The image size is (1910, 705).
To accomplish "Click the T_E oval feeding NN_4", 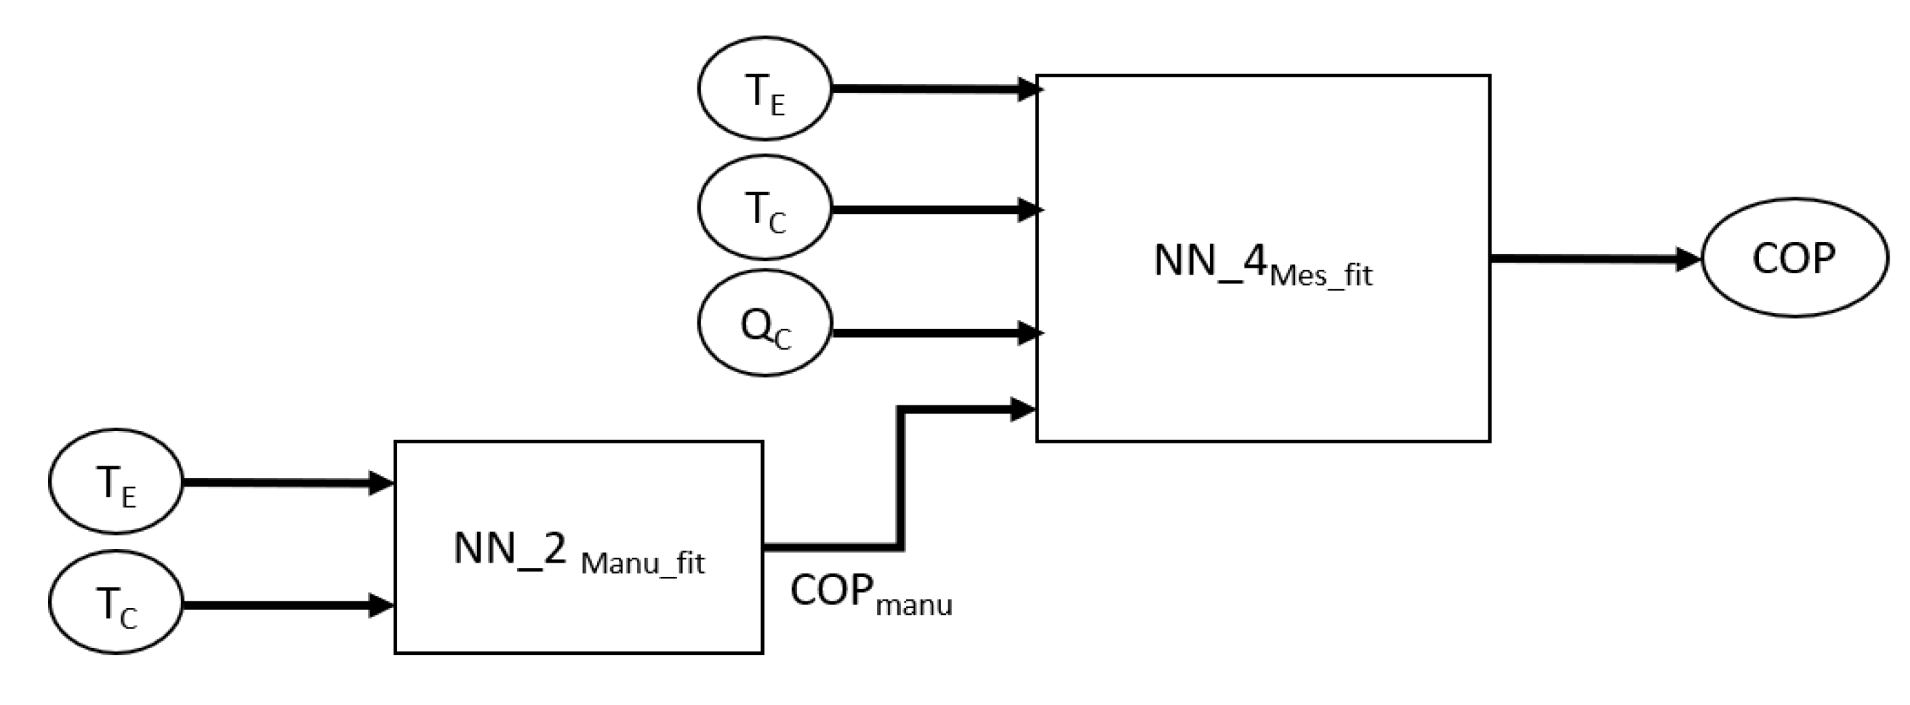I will click(765, 89).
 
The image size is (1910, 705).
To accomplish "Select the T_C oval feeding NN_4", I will click(765, 207).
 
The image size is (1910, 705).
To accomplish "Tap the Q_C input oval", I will click(765, 324).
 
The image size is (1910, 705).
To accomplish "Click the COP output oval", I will click(1793, 258).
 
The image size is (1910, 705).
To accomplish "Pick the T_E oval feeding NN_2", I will click(116, 482).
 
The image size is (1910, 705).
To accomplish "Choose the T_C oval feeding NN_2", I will click(116, 603).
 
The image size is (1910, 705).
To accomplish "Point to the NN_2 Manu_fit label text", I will click(578, 552).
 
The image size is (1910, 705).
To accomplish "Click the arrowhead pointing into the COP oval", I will click(1688, 260).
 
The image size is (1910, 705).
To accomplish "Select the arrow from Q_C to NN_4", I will click(934, 333).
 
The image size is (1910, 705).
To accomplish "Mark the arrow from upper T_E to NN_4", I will click(934, 89).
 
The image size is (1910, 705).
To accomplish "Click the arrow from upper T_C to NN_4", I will click(934, 209).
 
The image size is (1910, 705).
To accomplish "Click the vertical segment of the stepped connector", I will click(900, 478).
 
